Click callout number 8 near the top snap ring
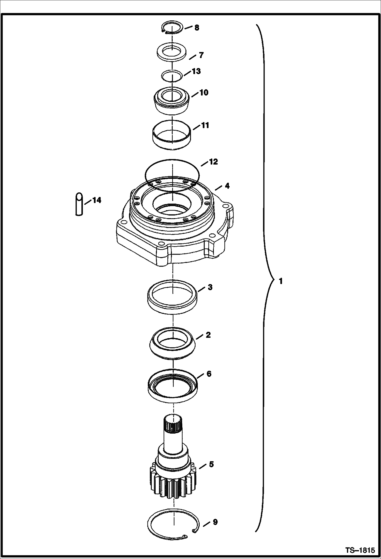(197, 28)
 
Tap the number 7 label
(201, 55)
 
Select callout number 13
(196, 71)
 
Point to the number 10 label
(204, 92)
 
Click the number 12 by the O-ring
(213, 162)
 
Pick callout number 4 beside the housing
(227, 186)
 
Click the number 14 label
(97, 200)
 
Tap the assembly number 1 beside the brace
(281, 281)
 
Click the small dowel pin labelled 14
(79, 205)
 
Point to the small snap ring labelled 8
(172, 28)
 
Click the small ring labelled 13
(172, 76)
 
